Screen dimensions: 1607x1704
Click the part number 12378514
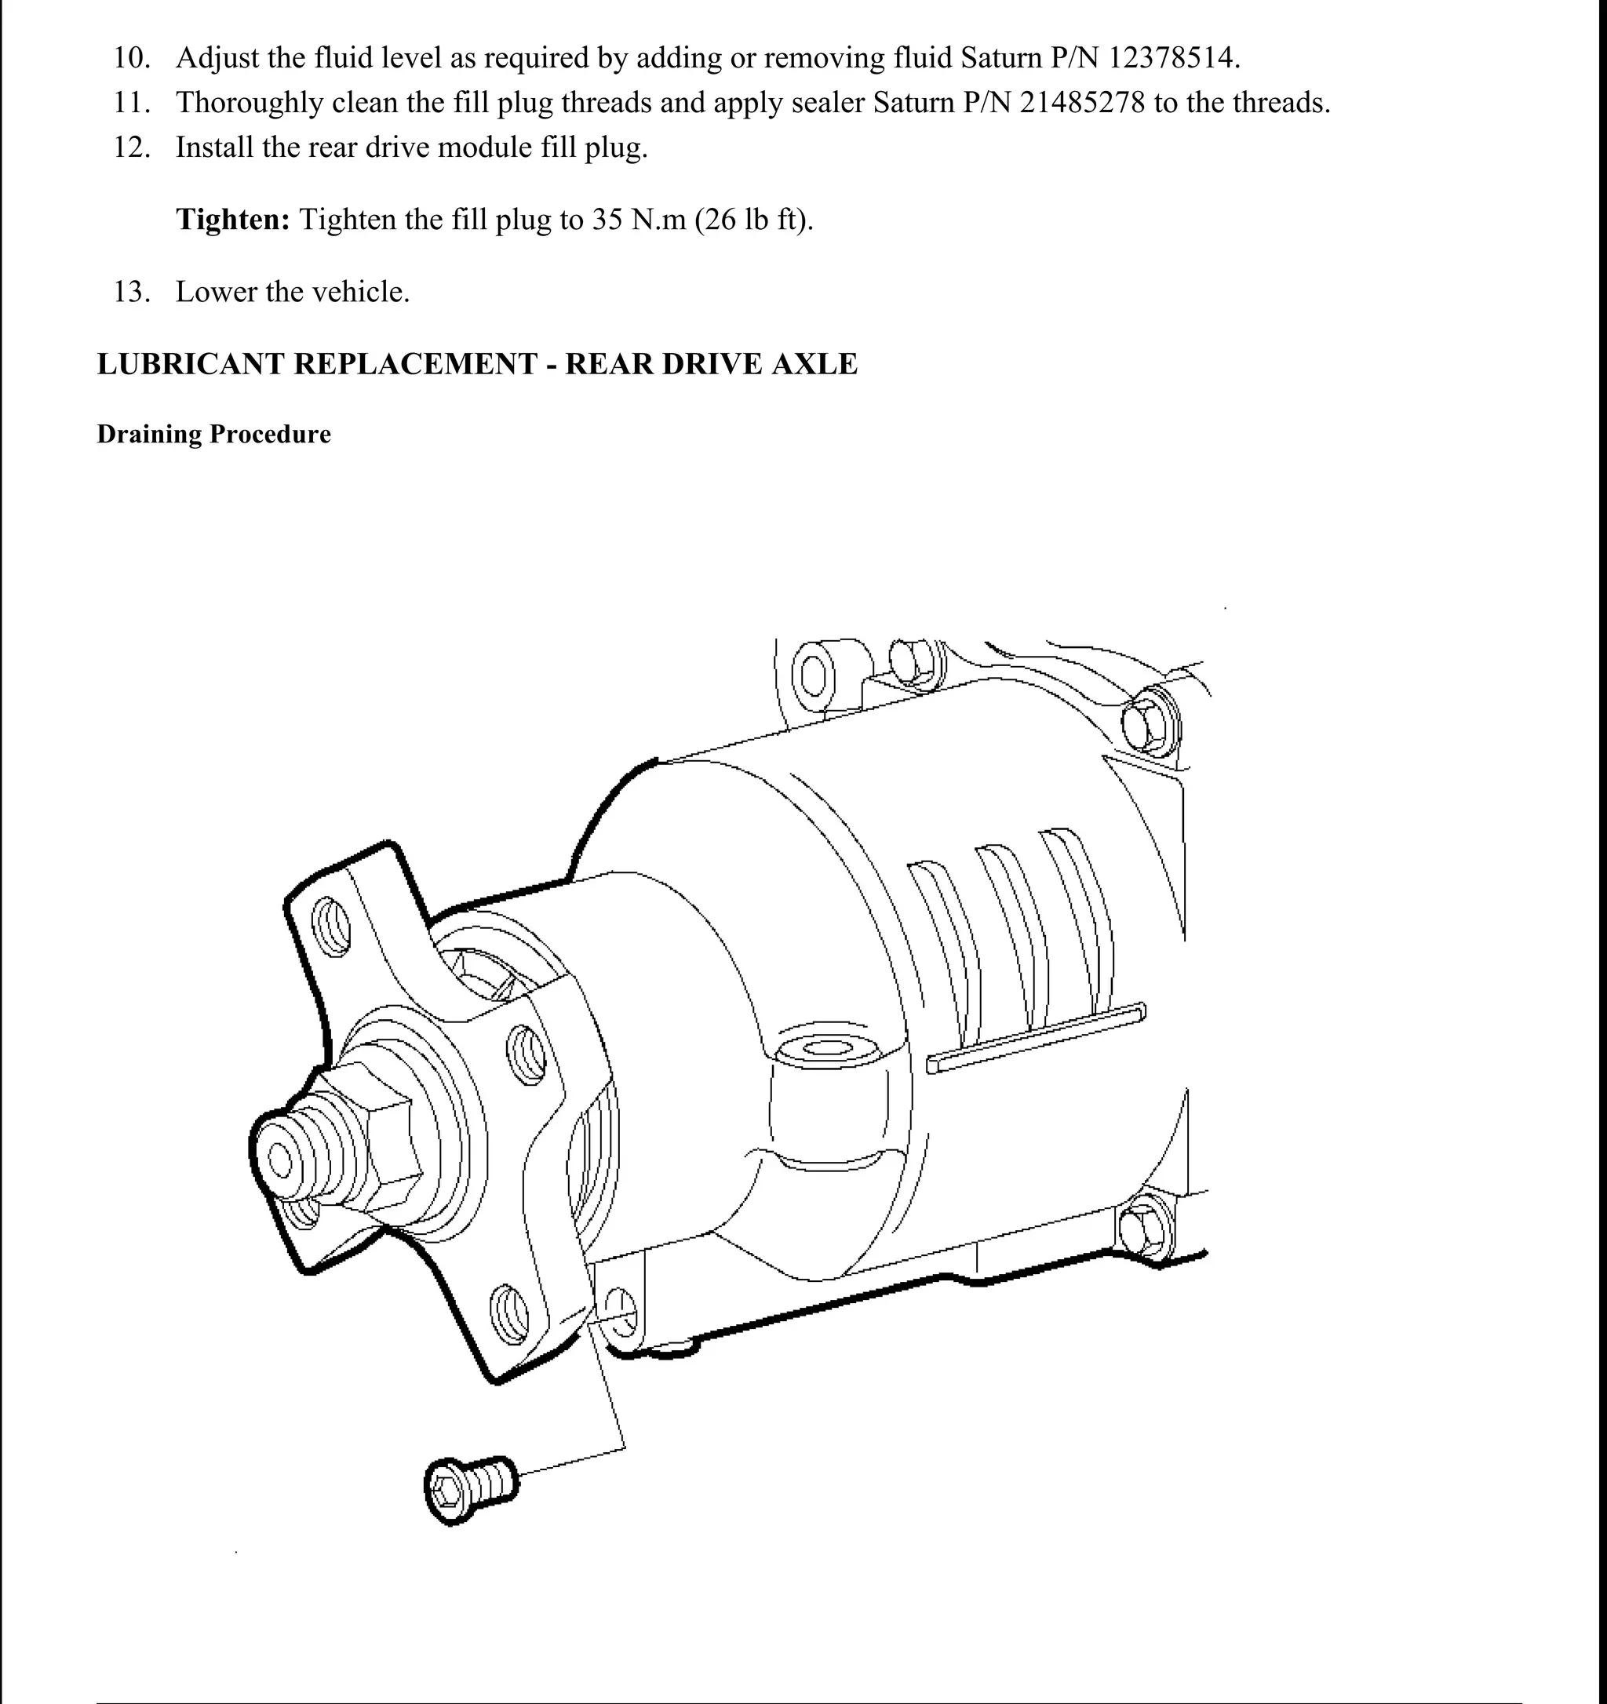(1172, 58)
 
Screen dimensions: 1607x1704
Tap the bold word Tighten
(233, 220)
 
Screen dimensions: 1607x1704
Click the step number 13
(132, 293)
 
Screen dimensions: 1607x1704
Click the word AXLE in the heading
(814, 363)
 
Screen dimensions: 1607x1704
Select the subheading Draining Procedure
(213, 434)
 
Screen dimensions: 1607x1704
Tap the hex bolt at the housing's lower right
(1145, 1229)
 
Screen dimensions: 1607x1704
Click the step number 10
(133, 58)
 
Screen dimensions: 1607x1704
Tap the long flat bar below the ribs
(1037, 1038)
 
